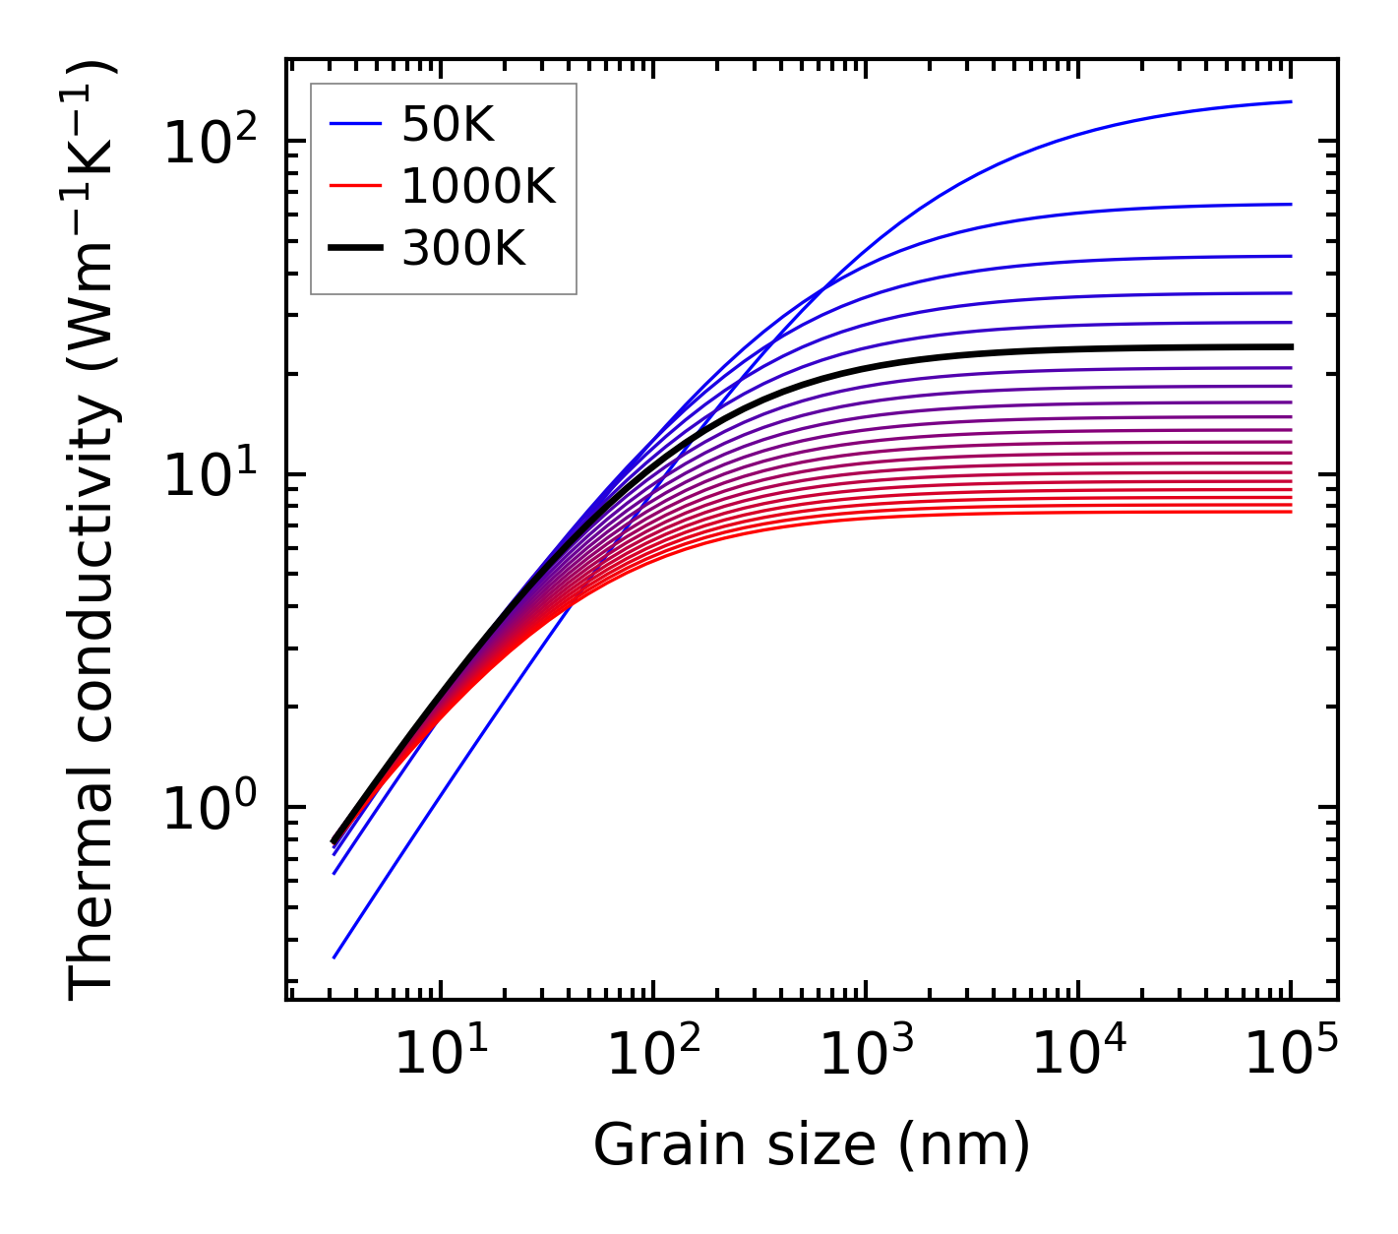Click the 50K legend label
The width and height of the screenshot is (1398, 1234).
tap(448, 124)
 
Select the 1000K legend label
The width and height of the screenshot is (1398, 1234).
tap(478, 186)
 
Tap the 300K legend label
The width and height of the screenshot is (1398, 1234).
tap(463, 249)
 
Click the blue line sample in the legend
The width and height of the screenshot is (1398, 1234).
tap(355, 124)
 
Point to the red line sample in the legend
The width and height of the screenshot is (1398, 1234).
tap(355, 186)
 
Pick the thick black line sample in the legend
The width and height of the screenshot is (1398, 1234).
tap(355, 249)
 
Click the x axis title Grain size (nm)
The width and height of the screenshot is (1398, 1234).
tap(812, 1145)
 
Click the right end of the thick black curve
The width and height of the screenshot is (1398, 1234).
tap(1291, 346)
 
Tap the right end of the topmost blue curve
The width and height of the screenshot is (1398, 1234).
tap(1291, 101)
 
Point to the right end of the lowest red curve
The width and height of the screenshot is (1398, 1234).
tap(1291, 511)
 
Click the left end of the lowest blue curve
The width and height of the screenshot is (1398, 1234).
tap(334, 956)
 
